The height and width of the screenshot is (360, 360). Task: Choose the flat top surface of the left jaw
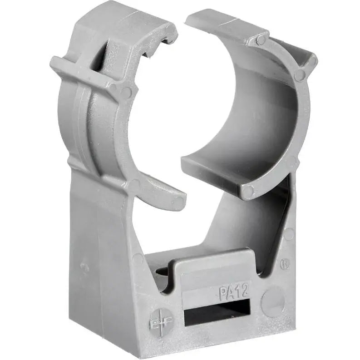pos(123,18)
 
